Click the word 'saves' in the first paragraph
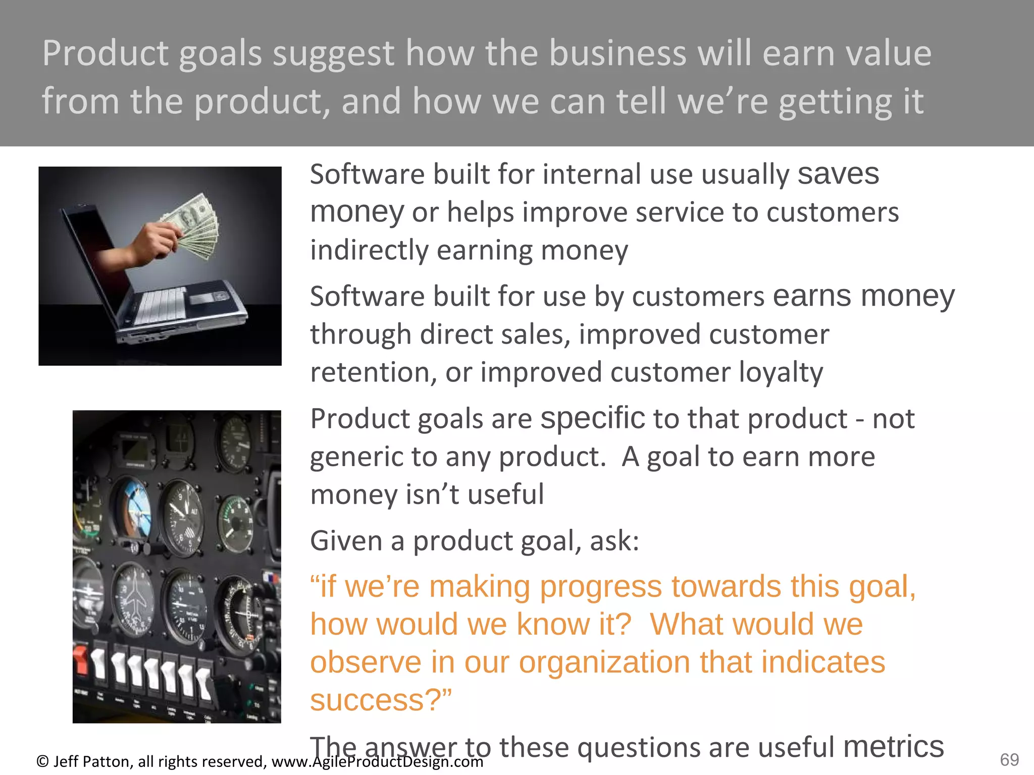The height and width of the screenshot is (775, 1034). tap(838, 174)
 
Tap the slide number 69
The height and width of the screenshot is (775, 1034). tap(1009, 759)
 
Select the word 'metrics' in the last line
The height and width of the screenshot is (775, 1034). tap(893, 746)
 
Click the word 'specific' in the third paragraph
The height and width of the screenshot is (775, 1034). tap(592, 419)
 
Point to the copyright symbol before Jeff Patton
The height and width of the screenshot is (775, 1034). tap(42, 761)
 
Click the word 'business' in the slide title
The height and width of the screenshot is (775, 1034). tap(617, 53)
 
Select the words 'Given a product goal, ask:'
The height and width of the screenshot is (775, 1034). tap(475, 541)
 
